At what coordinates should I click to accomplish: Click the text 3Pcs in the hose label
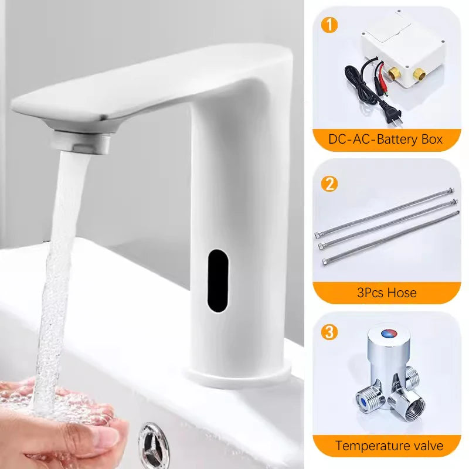pyautogui.click(x=370, y=293)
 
